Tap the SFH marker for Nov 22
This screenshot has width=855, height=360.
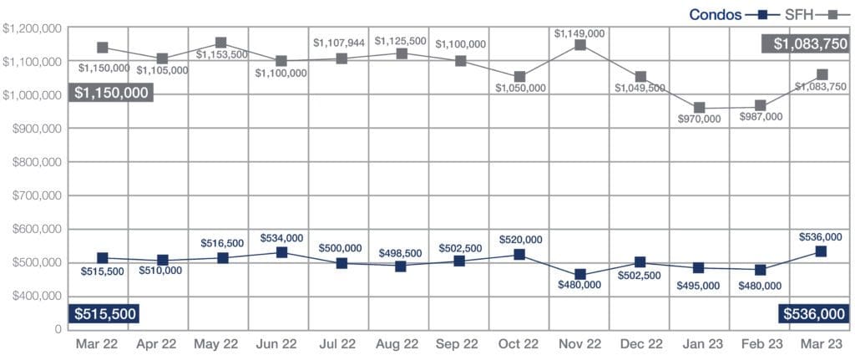point(580,45)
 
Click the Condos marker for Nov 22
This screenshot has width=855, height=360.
point(580,275)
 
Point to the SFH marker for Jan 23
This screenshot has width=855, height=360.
point(700,108)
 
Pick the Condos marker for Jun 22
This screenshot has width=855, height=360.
point(281,252)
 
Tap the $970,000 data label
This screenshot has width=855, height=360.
point(700,119)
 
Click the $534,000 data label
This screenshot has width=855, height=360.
point(281,238)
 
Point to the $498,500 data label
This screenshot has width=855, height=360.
point(401,251)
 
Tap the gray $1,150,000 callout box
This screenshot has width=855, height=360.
point(112,92)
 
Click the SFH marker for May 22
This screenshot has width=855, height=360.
point(221,43)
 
